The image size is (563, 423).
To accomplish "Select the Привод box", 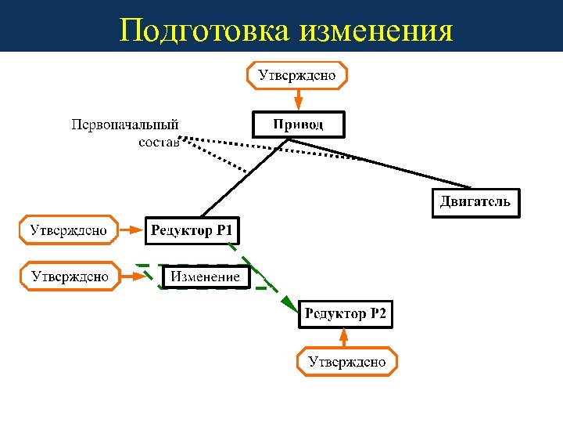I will click(x=298, y=125).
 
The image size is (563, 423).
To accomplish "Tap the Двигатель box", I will click(x=475, y=202).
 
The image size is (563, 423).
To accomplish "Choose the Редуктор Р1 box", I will click(x=192, y=230).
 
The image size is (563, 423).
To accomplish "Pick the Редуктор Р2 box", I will click(x=345, y=315).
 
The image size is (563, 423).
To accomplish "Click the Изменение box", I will click(x=206, y=277).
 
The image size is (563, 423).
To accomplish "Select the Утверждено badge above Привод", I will click(x=297, y=75).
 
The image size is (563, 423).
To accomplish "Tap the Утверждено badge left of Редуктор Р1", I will click(x=69, y=230).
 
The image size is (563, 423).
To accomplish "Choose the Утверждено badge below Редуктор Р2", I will click(x=346, y=362).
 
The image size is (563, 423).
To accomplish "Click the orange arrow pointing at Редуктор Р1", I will click(x=132, y=230).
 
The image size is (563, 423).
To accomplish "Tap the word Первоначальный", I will click(x=125, y=125).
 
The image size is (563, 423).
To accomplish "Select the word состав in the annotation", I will click(x=159, y=142).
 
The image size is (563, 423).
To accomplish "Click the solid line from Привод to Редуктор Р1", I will click(x=242, y=179).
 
